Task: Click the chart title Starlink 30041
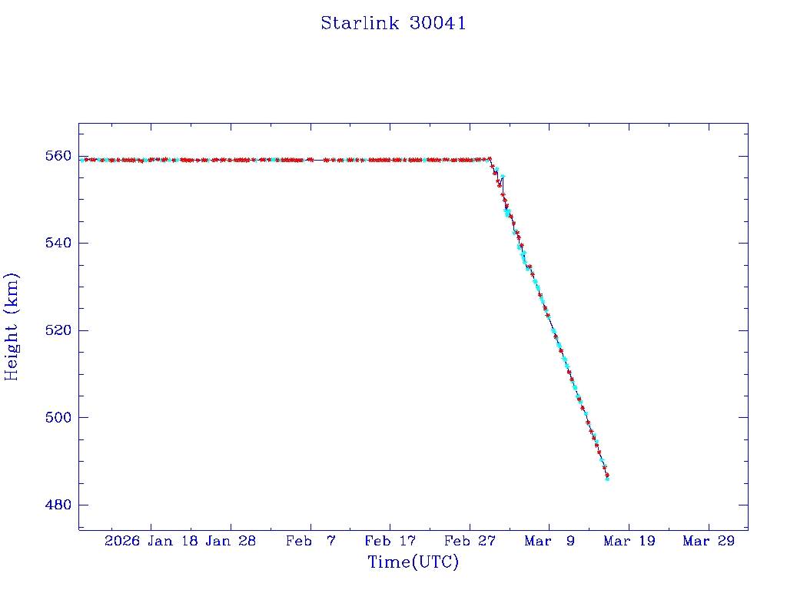coord(393,23)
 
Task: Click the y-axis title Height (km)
coord(12,326)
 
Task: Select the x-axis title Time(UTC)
coord(413,562)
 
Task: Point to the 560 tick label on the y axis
coord(58,156)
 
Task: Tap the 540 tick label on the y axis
coord(58,243)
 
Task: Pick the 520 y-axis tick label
coord(58,330)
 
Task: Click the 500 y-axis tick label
coord(58,418)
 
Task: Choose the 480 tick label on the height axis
coord(58,505)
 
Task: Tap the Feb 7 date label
coord(310,541)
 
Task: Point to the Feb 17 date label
coord(390,541)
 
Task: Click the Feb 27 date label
coord(470,541)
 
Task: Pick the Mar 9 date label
coord(549,541)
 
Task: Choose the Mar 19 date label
coord(629,541)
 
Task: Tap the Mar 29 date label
coord(709,541)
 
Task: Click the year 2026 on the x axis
coord(123,541)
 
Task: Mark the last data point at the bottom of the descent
coord(607,478)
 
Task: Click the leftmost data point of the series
coord(81,160)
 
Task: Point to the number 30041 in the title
coord(437,23)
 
